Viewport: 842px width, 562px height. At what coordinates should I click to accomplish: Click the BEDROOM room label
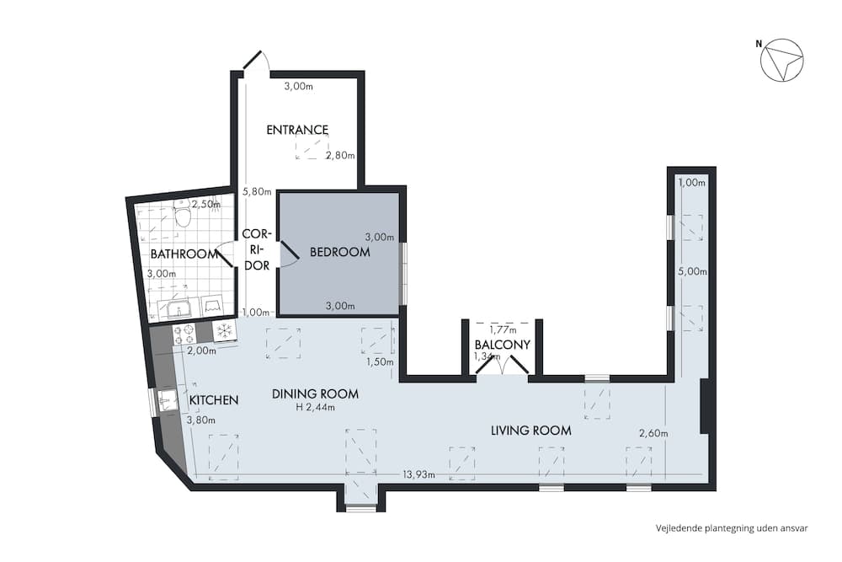[x=339, y=252]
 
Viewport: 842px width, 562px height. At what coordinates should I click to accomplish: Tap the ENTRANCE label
[x=296, y=130]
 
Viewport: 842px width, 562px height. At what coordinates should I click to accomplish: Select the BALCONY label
[x=502, y=345]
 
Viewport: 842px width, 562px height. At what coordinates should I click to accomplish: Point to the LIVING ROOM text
[x=530, y=431]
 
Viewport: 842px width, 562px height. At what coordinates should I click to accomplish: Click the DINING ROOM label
[x=315, y=393]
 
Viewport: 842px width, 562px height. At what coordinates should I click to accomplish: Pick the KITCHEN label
[x=213, y=400]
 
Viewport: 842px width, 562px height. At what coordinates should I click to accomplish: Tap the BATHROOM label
[x=184, y=254]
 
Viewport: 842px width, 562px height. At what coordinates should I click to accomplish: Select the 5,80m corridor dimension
[x=257, y=192]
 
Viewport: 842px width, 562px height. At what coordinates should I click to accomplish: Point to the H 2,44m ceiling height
[x=315, y=408]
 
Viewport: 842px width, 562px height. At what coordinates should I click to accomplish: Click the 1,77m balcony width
[x=503, y=329]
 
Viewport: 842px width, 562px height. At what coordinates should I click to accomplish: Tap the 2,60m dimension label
[x=653, y=433]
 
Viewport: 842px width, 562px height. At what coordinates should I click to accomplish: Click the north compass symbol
[x=781, y=62]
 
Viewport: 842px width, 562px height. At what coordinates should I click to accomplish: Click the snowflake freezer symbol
[x=225, y=331]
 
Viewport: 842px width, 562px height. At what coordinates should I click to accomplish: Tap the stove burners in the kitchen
[x=184, y=334]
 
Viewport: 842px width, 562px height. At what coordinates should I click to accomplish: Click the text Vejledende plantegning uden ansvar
[x=732, y=528]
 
